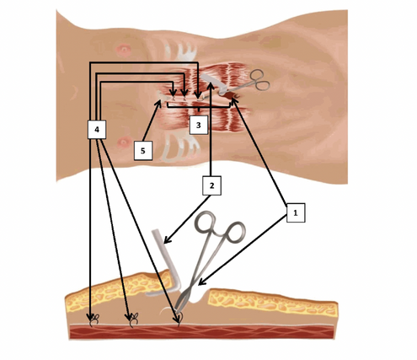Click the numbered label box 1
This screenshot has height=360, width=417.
(x=296, y=213)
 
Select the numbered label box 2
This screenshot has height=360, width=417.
(x=211, y=185)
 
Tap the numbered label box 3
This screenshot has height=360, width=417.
(x=199, y=125)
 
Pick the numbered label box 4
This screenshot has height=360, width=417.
(x=97, y=130)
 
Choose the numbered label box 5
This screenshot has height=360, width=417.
(x=143, y=151)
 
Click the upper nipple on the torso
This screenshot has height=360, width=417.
(x=123, y=51)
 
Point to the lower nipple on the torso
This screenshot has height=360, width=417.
(x=123, y=142)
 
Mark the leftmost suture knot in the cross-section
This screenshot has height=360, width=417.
(x=94, y=320)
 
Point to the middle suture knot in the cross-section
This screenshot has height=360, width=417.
(x=133, y=320)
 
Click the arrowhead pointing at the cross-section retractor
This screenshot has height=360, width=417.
(x=167, y=240)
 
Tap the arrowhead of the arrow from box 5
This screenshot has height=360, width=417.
(x=158, y=104)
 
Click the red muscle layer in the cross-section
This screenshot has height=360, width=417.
(x=201, y=332)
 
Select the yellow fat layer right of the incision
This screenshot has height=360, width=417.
(x=272, y=302)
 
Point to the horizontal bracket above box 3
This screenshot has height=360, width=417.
(x=199, y=107)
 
